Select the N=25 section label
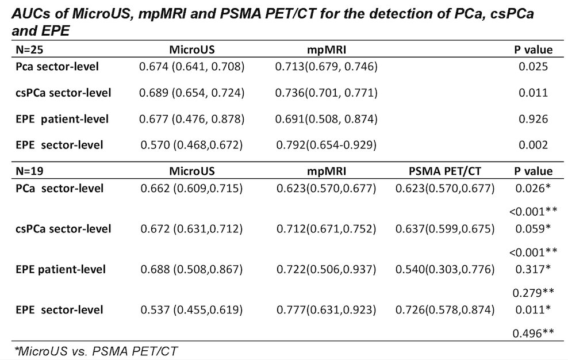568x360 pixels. pyautogui.click(x=29, y=49)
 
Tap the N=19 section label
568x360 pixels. pyautogui.click(x=29, y=171)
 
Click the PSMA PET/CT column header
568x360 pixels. pyautogui.click(x=445, y=171)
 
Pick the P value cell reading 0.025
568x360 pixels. pyautogui.click(x=534, y=67)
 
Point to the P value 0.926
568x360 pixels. pyautogui.click(x=534, y=119)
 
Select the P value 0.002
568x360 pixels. pyautogui.click(x=534, y=145)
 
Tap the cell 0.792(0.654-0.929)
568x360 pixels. pyautogui.click(x=326, y=145)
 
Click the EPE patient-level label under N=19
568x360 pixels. pyautogui.click(x=60, y=269)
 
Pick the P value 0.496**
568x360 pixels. pyautogui.click(x=534, y=333)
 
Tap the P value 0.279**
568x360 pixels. pyautogui.click(x=534, y=292)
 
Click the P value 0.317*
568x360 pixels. pyautogui.click(x=533, y=269)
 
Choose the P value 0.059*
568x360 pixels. pyautogui.click(x=533, y=229)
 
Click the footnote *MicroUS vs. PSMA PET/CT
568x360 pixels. pyautogui.click(x=95, y=351)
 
